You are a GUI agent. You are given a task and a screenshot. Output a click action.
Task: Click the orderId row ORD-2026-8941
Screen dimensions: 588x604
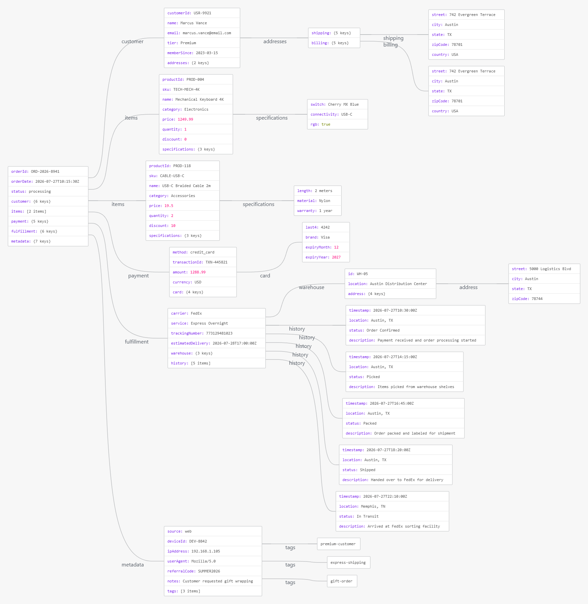pyautogui.click(x=48, y=171)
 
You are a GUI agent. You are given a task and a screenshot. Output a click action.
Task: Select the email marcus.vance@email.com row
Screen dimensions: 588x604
pyautogui.click(x=202, y=33)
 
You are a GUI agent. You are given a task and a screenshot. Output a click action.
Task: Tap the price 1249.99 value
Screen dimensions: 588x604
pyautogui.click(x=185, y=119)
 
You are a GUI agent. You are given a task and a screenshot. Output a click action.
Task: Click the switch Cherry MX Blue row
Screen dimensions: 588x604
pyautogui.click(x=338, y=104)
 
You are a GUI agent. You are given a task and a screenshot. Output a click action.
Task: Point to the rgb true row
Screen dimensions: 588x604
pyautogui.click(x=338, y=124)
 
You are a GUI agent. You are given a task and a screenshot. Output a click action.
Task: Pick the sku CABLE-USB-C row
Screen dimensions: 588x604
pyautogui.click(x=183, y=176)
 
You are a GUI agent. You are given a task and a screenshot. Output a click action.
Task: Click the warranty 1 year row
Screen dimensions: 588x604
pyautogui.click(x=318, y=211)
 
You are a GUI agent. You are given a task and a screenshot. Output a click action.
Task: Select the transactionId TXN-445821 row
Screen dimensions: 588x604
pyautogui.click(x=203, y=262)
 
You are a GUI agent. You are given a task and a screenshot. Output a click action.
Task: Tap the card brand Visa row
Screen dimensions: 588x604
pyautogui.click(x=326, y=237)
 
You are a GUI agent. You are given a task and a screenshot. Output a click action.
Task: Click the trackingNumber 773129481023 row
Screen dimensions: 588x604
pyautogui.click(x=217, y=333)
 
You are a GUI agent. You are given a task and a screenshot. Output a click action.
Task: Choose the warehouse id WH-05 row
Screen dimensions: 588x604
pyautogui.click(x=390, y=274)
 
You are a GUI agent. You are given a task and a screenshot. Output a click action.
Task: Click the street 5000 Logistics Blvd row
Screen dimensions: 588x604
pyautogui.click(x=544, y=269)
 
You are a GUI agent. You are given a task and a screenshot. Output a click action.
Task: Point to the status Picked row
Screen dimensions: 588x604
pyautogui.click(x=404, y=377)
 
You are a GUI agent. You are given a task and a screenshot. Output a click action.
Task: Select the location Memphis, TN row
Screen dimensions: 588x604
pyautogui.click(x=392, y=506)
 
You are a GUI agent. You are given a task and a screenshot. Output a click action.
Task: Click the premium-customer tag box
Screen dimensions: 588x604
pyautogui.click(x=339, y=544)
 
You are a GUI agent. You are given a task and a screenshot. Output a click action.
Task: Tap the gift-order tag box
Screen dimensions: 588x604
pyautogui.click(x=342, y=581)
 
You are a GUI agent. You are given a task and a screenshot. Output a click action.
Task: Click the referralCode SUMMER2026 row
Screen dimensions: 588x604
pyautogui.click(x=213, y=571)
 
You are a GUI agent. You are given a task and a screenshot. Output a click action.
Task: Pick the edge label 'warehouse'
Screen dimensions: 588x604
pyautogui.click(x=312, y=287)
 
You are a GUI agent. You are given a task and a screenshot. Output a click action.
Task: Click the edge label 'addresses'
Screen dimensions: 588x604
pyautogui.click(x=275, y=42)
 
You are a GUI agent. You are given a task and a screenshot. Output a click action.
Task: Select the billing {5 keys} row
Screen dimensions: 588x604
pyautogui.click(x=334, y=43)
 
